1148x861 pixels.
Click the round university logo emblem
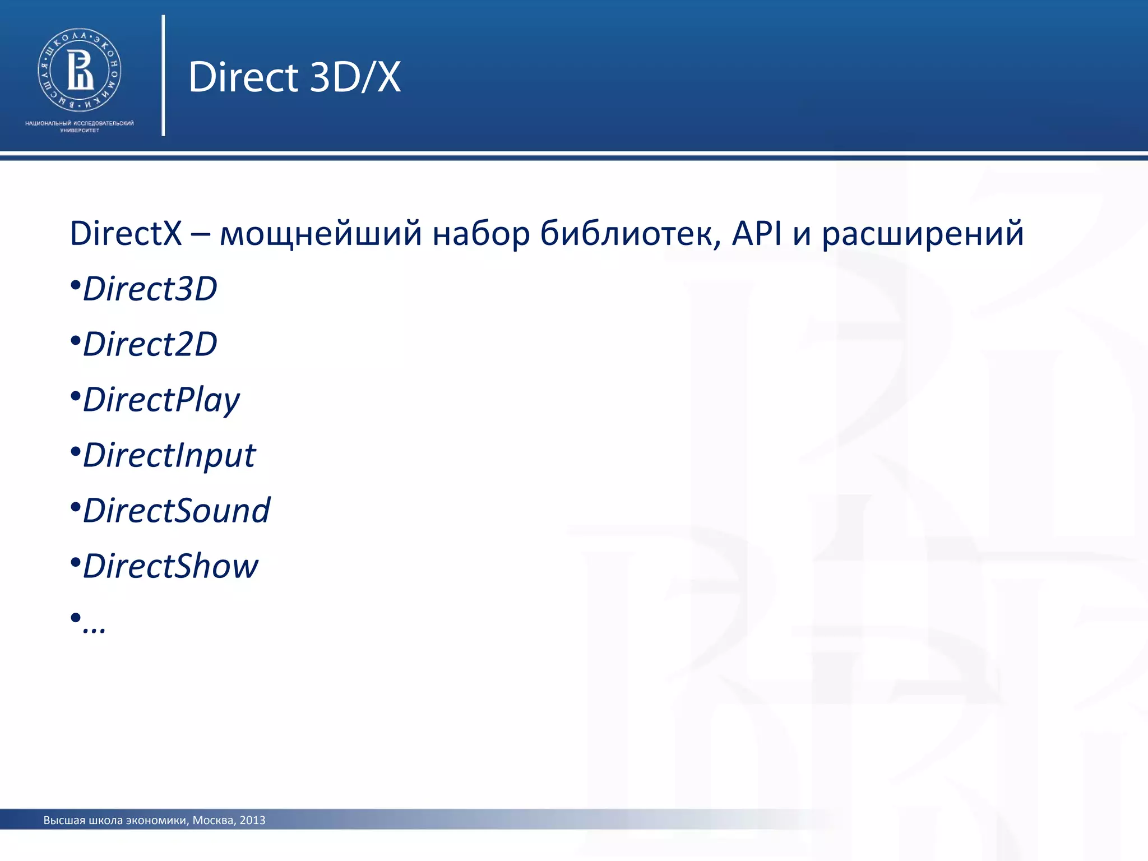point(80,70)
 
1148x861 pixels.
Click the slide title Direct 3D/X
point(295,77)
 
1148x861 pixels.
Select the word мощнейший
point(321,234)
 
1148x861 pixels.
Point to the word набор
point(481,234)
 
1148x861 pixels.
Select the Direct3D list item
point(150,289)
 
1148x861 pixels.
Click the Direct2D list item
point(150,344)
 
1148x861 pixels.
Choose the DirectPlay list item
point(161,400)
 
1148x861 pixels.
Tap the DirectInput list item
point(169,455)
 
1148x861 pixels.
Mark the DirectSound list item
point(176,510)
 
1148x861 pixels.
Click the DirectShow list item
point(170,566)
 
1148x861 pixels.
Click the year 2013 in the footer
point(252,820)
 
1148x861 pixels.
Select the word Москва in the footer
point(213,820)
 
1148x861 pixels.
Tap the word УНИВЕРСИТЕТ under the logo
point(80,131)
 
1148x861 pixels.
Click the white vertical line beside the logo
point(163,76)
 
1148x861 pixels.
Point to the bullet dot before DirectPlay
point(76,396)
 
